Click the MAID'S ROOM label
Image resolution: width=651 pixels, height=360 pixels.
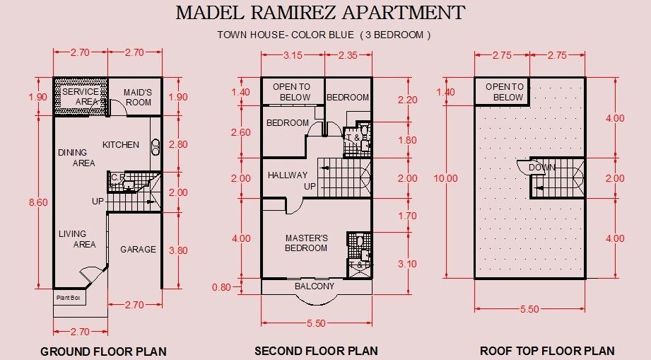coord(138,97)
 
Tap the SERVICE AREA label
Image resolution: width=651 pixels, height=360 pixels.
coord(81,96)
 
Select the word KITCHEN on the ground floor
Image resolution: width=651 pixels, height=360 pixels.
coord(121,144)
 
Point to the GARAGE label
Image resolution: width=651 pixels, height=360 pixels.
coord(139,249)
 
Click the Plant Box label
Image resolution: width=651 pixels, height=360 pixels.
coord(69,298)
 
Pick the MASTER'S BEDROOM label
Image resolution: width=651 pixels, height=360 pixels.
coord(306,243)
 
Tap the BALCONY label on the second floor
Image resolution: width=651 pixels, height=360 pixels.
coord(315,286)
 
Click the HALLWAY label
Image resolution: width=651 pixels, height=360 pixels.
coord(287,175)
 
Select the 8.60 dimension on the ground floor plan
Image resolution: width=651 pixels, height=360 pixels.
coord(38,202)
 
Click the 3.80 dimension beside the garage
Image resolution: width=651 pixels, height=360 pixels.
coord(178,250)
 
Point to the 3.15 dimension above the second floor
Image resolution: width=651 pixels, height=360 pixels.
coord(293,55)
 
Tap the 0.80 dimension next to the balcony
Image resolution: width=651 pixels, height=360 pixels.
coord(221,287)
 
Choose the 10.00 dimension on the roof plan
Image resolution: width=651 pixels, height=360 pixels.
coord(446,178)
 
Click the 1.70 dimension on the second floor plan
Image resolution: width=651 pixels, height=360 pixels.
coord(407,216)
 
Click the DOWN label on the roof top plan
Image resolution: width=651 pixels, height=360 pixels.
coord(542,168)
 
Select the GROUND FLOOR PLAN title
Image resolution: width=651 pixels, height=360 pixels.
coord(103,352)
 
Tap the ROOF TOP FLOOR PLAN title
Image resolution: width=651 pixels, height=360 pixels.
coord(547,351)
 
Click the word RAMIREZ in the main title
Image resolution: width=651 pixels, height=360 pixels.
coord(293,13)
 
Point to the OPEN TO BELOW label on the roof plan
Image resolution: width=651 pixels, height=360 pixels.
coord(505,92)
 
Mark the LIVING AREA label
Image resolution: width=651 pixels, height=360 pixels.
coord(77,239)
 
